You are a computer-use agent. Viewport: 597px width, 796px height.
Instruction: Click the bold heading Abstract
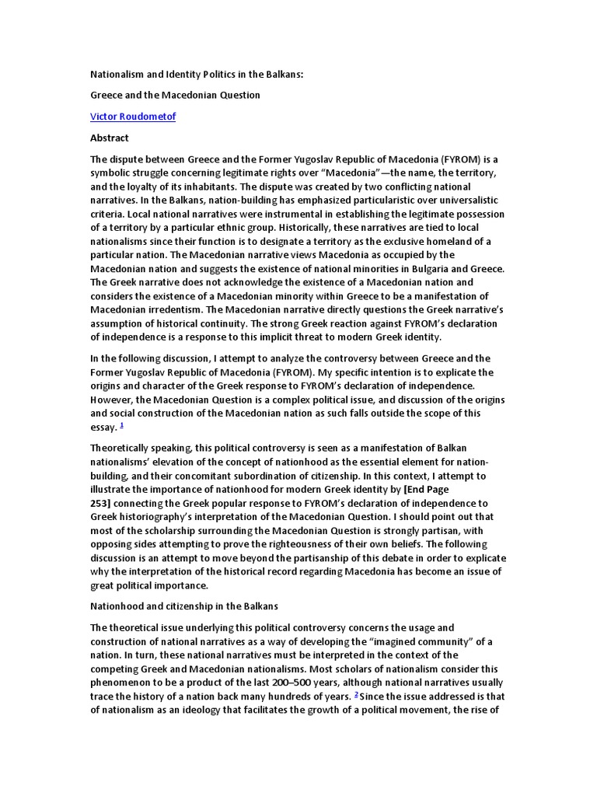(110, 138)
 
